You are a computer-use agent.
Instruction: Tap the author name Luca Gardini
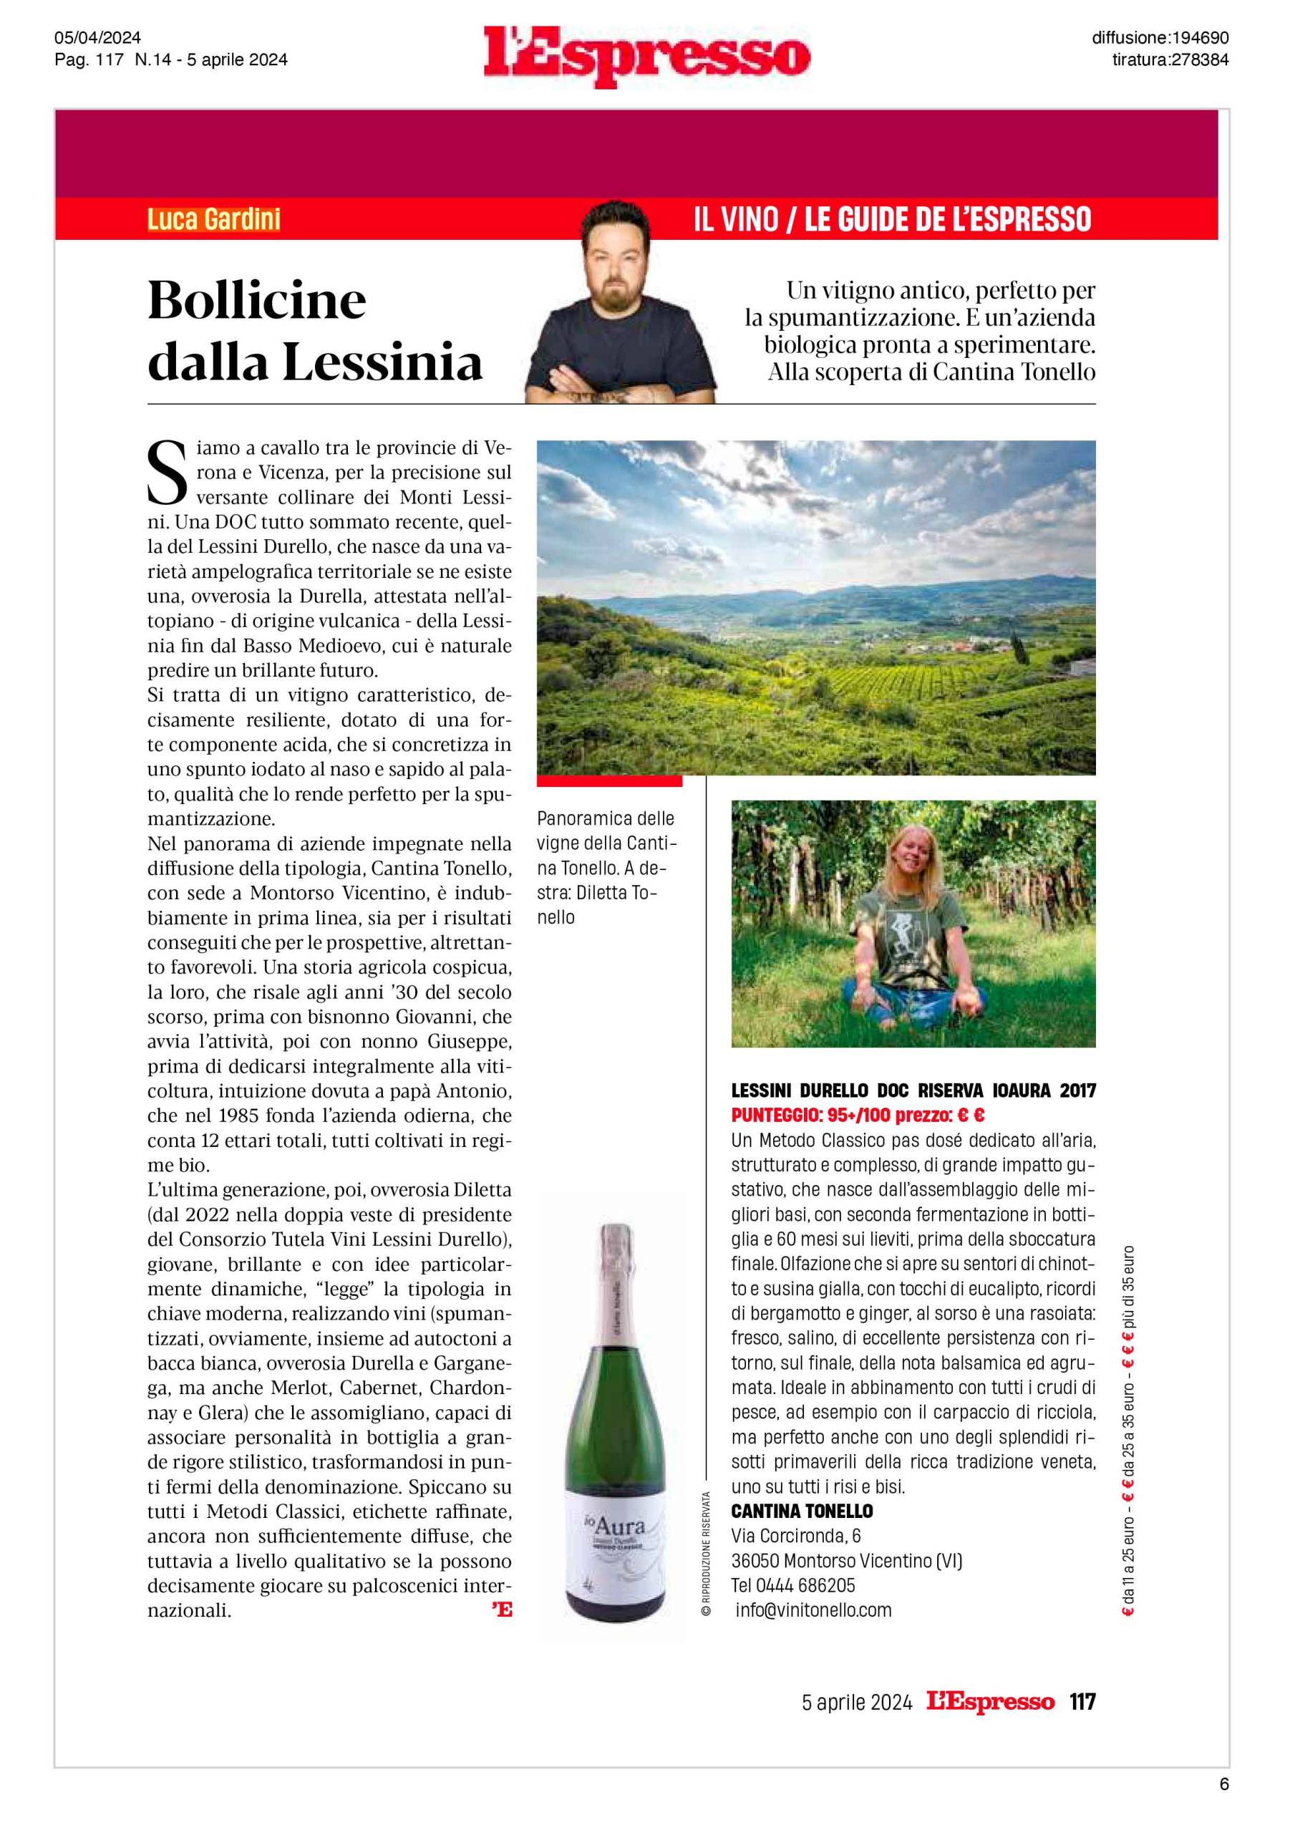pyautogui.click(x=214, y=220)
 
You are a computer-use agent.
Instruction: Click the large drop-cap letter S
pyautogui.click(x=167, y=474)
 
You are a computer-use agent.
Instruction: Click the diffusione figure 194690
pyautogui.click(x=1198, y=37)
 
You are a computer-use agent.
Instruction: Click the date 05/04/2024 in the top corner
pyautogui.click(x=97, y=37)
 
